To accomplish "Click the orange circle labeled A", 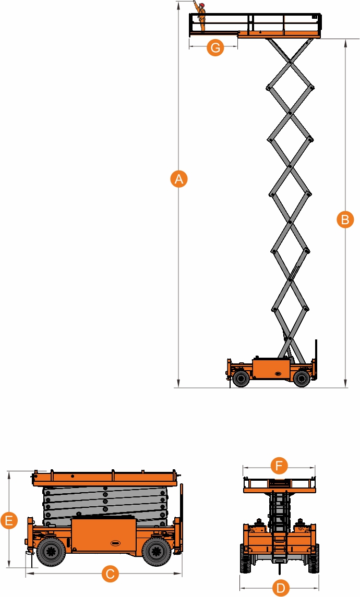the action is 178,178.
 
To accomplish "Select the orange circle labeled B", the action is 345,220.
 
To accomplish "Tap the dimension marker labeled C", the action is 110,574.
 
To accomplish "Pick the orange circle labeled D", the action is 280,588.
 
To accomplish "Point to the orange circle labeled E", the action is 9,520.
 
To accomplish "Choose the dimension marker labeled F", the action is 279,466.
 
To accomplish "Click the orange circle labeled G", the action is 215,47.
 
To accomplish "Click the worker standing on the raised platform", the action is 200,17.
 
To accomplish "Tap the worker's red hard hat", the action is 202,5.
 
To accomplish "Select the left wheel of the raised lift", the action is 241,379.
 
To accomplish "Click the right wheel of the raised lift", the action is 302,379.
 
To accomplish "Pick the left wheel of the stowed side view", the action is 51,551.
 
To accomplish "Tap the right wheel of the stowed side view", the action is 157,551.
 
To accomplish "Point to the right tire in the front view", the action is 314,558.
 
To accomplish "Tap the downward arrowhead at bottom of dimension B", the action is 345,384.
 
